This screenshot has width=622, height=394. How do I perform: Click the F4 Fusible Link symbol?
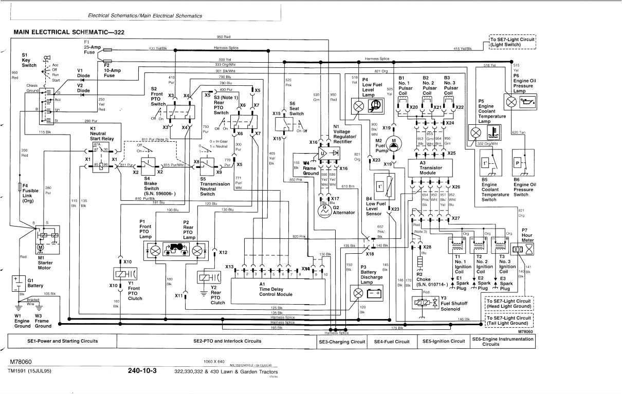click(x=20, y=186)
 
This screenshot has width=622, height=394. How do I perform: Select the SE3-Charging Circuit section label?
click(x=342, y=342)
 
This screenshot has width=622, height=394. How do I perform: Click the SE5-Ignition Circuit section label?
click(x=443, y=341)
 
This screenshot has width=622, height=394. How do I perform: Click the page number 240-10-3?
click(x=142, y=371)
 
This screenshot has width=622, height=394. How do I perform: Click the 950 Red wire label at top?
click(x=224, y=37)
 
